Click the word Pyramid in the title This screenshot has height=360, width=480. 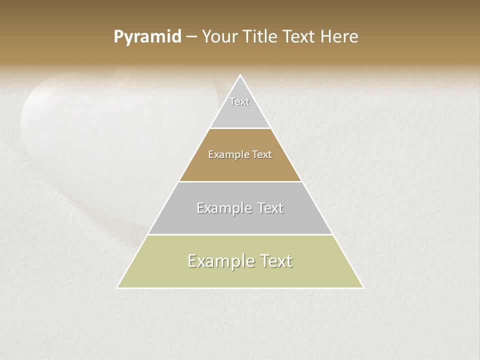pos(147,37)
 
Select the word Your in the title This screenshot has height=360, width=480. pos(219,37)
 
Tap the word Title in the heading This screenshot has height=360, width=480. pos(260,37)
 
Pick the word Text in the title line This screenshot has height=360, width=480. pos(299,37)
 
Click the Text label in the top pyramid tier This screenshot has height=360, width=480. pos(239,101)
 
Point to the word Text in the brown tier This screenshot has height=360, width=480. pos(262,155)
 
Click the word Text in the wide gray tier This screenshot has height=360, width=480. pos(270,208)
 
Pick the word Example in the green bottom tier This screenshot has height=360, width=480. pos(220,261)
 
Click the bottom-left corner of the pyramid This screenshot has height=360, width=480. pos(117,287)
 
